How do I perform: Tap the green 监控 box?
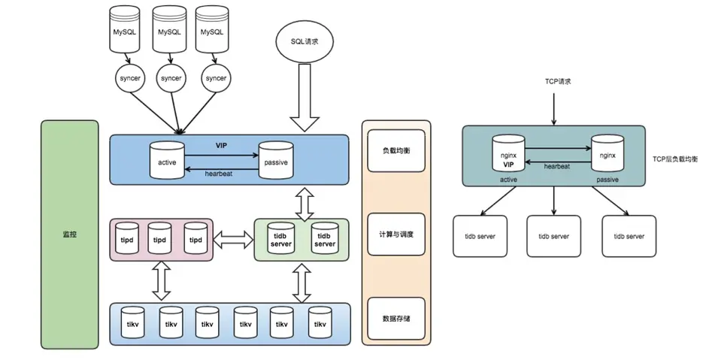tap(69, 234)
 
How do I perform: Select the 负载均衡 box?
tap(396, 151)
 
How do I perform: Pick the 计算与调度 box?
tap(396, 234)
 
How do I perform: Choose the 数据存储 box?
tap(396, 318)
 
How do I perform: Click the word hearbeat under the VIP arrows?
tap(220, 174)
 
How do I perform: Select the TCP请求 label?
tap(555, 81)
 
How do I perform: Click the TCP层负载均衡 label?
tap(675, 159)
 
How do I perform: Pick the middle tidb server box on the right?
tap(554, 237)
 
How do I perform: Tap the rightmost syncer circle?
tap(216, 78)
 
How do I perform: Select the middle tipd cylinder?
tap(159, 238)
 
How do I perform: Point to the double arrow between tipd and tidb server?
tap(233, 240)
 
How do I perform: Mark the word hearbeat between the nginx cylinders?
tap(556, 166)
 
